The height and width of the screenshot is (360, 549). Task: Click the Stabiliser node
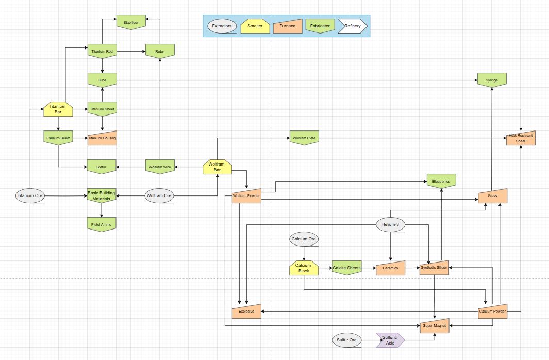click(131, 22)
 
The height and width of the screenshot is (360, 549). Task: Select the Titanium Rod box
click(102, 51)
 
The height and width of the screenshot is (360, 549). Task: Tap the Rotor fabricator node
click(160, 51)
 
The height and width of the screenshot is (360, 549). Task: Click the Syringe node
click(492, 80)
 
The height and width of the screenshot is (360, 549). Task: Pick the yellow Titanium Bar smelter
click(58, 109)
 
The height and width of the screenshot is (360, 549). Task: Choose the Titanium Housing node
click(102, 138)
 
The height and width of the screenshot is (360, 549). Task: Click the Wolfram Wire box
click(160, 167)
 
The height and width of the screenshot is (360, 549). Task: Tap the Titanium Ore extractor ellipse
click(30, 195)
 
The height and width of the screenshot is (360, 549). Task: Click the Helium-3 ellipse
click(390, 224)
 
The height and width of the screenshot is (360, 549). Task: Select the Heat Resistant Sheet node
click(521, 138)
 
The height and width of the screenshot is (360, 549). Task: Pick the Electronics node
click(441, 181)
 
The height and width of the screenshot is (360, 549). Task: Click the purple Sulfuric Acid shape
click(390, 340)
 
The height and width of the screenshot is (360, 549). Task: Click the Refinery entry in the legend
click(353, 26)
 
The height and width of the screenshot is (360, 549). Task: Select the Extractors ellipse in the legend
click(222, 26)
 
